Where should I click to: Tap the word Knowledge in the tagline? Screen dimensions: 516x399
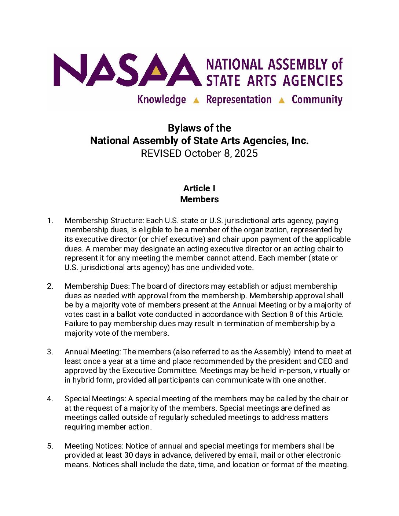pyautogui.click(x=161, y=100)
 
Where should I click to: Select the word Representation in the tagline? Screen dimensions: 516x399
pyautogui.click(x=239, y=100)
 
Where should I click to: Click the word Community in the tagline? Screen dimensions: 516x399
pyautogui.click(x=317, y=100)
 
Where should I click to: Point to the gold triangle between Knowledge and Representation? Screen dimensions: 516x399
pyautogui.click(x=196, y=100)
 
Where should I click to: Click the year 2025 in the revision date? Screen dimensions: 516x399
pyautogui.click(x=246, y=153)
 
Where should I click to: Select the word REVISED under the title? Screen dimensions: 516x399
pyautogui.click(x=161, y=153)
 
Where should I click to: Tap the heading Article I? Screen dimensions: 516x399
pyautogui.click(x=199, y=188)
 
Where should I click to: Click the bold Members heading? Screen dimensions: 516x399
pyautogui.click(x=199, y=199)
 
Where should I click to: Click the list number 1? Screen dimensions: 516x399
pyautogui.click(x=50, y=221)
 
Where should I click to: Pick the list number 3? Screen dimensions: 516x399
pyautogui.click(x=50, y=352)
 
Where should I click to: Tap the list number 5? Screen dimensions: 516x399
pyautogui.click(x=50, y=446)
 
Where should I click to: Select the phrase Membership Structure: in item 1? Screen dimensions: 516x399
pyautogui.click(x=104, y=221)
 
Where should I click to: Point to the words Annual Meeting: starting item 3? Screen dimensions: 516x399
pyautogui.click(x=92, y=352)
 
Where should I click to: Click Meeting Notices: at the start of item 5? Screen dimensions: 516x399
pyautogui.click(x=94, y=446)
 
